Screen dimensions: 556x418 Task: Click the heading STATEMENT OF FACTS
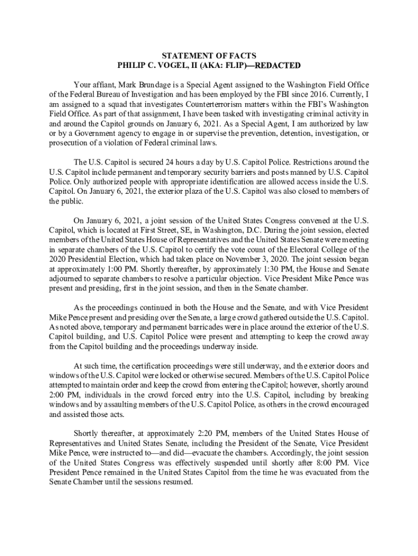pyautogui.click(x=209, y=56)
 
